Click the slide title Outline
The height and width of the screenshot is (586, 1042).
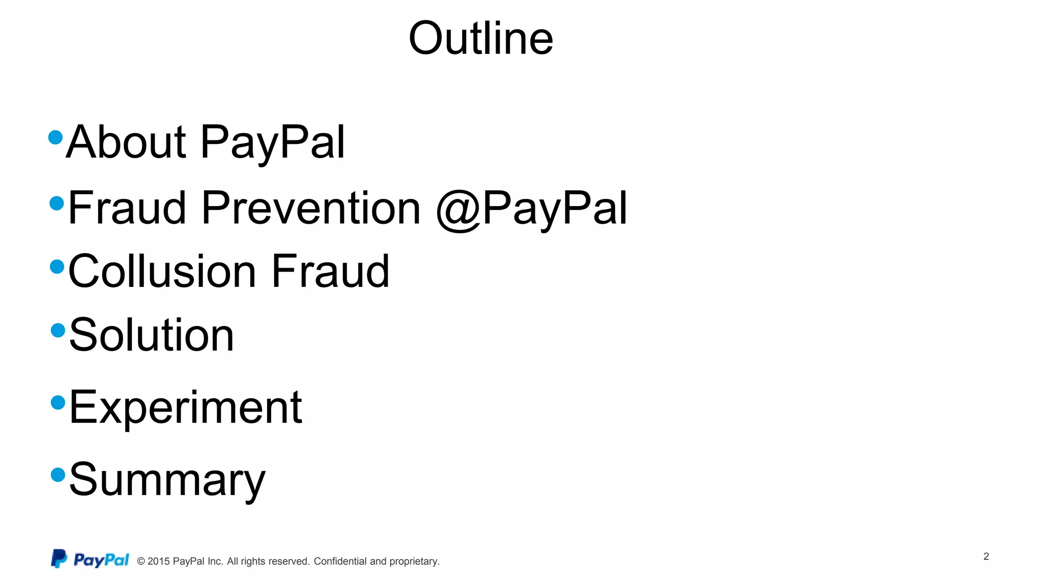[x=481, y=39]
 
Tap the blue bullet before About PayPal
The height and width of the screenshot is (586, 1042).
[x=55, y=137]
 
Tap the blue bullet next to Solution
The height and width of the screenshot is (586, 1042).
[x=59, y=330]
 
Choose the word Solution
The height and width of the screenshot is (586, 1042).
[x=152, y=335]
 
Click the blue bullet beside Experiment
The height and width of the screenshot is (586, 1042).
[x=59, y=402]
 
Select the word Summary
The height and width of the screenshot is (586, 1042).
[x=167, y=480]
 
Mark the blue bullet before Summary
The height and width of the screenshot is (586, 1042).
[x=59, y=475]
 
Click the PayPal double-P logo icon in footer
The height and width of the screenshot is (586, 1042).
[x=59, y=559]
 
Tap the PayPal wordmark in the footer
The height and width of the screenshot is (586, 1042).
[x=101, y=560]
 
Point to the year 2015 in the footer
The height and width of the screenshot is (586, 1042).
[x=158, y=561]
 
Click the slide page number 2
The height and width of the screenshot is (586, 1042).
[x=986, y=556]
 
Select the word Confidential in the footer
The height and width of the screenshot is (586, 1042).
[x=340, y=561]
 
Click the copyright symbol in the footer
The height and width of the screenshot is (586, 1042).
[x=141, y=562]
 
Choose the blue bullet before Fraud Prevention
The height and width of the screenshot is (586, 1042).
[x=57, y=203]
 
